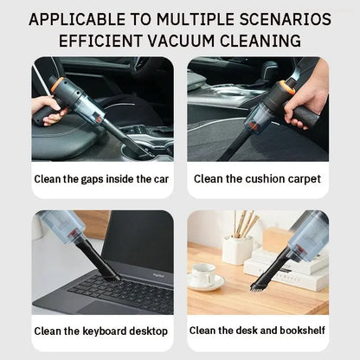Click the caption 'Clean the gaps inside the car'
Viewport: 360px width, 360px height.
click(101, 179)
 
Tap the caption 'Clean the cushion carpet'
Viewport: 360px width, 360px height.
click(257, 179)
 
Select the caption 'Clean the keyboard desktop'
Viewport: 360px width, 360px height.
click(101, 331)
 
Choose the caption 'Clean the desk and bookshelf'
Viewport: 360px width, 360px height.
click(257, 331)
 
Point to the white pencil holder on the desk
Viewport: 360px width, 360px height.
click(236, 249)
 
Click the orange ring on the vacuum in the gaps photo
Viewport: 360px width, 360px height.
click(56, 87)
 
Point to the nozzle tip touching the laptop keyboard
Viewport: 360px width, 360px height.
click(110, 274)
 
